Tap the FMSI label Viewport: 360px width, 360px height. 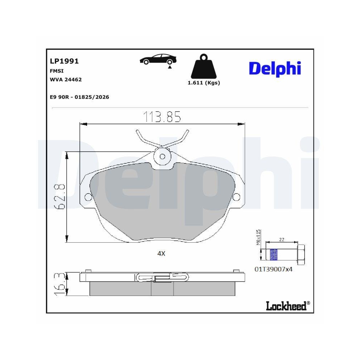click(x=57, y=71)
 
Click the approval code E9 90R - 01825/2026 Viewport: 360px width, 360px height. click(x=80, y=97)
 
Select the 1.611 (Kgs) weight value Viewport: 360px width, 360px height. click(x=204, y=83)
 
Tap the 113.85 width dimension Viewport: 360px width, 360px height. click(x=162, y=117)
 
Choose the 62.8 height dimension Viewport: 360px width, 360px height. click(x=60, y=197)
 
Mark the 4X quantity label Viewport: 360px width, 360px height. click(x=161, y=253)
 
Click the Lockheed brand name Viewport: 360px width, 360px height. click(x=286, y=306)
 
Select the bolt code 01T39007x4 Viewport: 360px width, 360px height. click(x=274, y=269)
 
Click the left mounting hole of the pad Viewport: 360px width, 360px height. click(x=87, y=197)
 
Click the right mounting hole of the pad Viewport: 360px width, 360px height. click(x=237, y=197)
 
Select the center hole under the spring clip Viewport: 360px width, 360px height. click(x=162, y=156)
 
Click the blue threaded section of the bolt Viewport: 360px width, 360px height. click(x=274, y=254)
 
